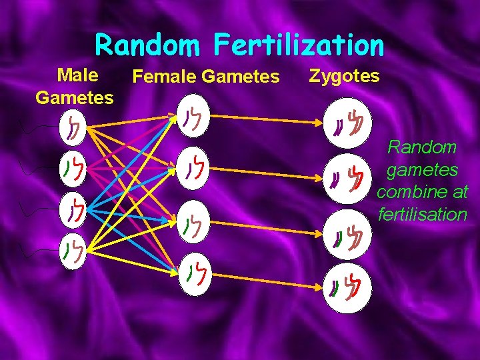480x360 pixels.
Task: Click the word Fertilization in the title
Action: pyautogui.click(x=299, y=45)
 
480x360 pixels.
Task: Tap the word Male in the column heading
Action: pyautogui.click(x=79, y=74)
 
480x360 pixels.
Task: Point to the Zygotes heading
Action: pyautogui.click(x=344, y=76)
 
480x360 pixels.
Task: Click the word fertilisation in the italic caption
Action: pyautogui.click(x=422, y=215)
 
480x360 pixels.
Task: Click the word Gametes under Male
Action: pyautogui.click(x=75, y=98)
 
